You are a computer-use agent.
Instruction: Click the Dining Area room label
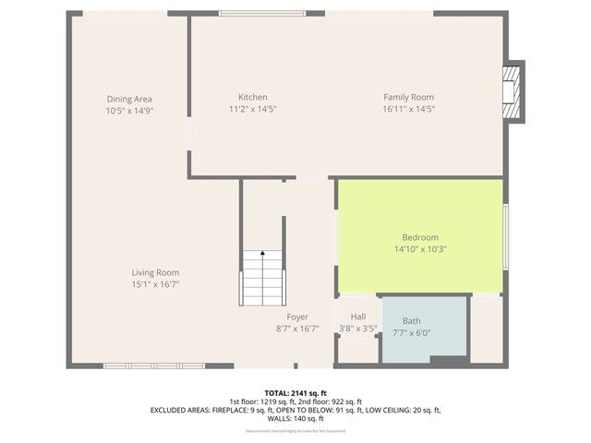click(x=128, y=99)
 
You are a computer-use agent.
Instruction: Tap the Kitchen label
click(x=253, y=97)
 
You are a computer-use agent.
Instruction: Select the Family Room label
click(x=408, y=97)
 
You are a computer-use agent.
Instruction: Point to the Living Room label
click(x=154, y=272)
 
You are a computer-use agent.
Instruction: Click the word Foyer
click(x=297, y=317)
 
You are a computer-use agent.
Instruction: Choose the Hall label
click(x=357, y=317)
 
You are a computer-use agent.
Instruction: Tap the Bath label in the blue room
click(x=411, y=321)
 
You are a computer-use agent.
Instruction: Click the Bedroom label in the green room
click(x=420, y=237)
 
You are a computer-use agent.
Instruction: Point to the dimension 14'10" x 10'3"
click(x=420, y=248)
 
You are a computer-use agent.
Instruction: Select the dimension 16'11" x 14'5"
click(x=408, y=109)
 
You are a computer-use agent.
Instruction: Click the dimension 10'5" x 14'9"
click(x=128, y=111)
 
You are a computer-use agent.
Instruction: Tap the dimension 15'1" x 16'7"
click(x=154, y=284)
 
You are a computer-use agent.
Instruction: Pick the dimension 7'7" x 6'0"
click(x=411, y=333)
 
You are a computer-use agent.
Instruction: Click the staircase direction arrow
click(x=262, y=251)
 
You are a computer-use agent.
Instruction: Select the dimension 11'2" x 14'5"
click(x=253, y=109)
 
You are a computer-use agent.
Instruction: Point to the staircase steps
click(x=262, y=281)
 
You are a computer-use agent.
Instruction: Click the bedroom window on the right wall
click(x=505, y=238)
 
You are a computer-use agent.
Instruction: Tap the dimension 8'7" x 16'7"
click(x=297, y=329)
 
